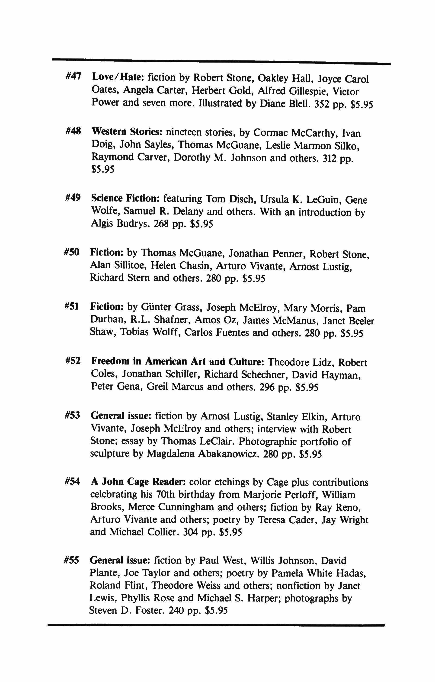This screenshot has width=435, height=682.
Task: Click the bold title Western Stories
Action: tap(127, 132)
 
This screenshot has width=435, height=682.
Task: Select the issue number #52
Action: tap(73, 361)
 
